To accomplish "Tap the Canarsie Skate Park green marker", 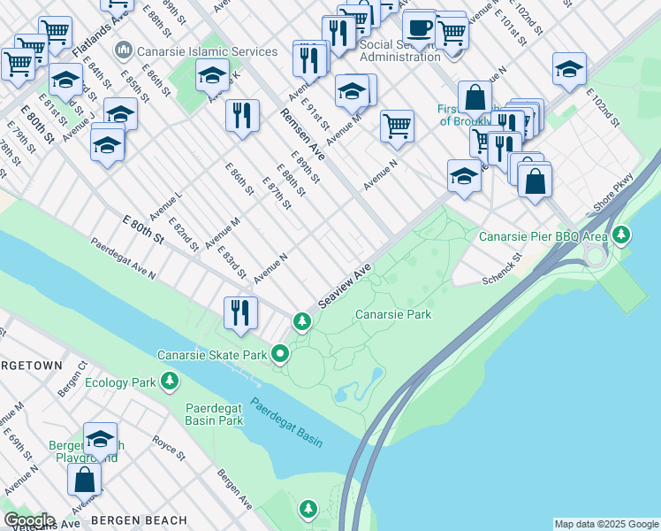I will pos(280,355).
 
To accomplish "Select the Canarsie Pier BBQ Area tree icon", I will pos(623,235).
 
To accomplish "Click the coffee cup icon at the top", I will pos(419,27).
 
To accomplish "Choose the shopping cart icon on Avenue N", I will pos(398,126).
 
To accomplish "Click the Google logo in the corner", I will pos(28,520).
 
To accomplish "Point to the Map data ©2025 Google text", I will pos(606,524).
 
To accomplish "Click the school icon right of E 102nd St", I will pos(569,69).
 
